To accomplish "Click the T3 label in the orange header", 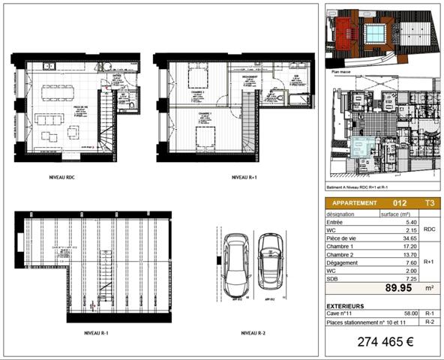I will [428, 202].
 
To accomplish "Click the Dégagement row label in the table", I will [344, 262].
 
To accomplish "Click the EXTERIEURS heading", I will [346, 306].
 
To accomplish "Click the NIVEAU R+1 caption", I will [240, 178].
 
